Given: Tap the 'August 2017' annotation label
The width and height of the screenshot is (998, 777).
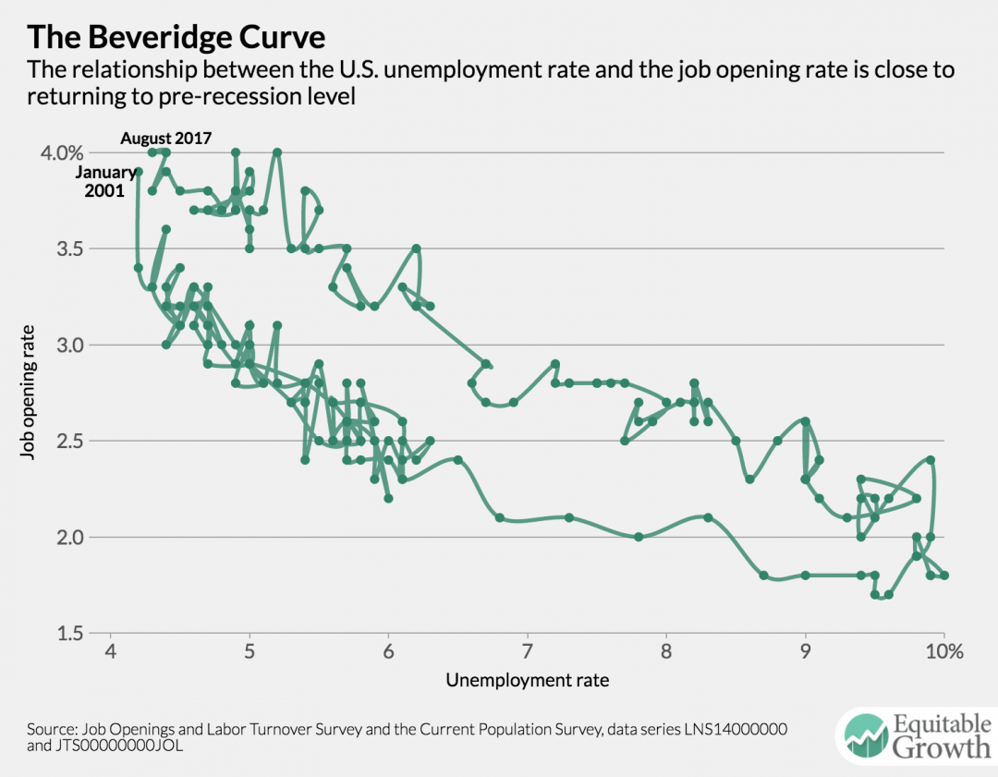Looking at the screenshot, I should tap(166, 139).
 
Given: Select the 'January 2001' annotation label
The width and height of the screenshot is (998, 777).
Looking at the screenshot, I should tap(105, 181).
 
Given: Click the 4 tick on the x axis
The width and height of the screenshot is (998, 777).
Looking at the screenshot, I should tap(111, 650).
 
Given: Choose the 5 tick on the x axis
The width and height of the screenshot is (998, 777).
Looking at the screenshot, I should tap(249, 650).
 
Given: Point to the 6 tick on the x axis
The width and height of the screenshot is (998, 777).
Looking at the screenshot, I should tap(388, 650).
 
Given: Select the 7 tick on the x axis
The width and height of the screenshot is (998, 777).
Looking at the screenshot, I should tap(528, 650).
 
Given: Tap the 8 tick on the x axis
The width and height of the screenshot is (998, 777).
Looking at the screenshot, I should tap(666, 650).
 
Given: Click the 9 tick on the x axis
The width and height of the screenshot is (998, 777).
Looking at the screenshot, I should tap(805, 650).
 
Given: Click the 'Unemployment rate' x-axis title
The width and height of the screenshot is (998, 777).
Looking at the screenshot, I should tap(527, 681).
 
